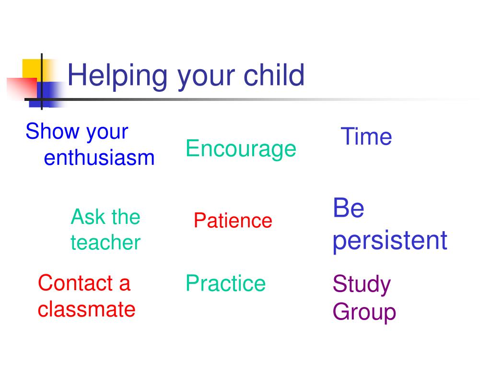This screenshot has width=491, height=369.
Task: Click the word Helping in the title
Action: [x=117, y=76]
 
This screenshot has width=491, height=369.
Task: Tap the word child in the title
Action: [x=274, y=74]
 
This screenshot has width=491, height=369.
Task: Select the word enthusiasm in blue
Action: [x=99, y=158]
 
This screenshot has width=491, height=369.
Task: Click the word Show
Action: [x=52, y=131]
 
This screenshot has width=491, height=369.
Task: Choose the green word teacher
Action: [x=105, y=243]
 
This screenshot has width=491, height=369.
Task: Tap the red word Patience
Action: [x=233, y=220]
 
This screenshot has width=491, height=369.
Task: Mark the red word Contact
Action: [x=75, y=283]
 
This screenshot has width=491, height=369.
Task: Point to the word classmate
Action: [x=86, y=309]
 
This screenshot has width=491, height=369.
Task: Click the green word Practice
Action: [x=225, y=283]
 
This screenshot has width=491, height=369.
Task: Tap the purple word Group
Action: [x=364, y=312]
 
